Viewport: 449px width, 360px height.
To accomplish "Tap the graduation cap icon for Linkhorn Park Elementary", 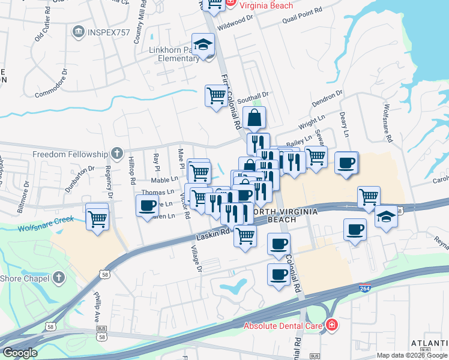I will point(204,46).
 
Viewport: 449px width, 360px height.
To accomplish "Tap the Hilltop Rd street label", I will point(132,170).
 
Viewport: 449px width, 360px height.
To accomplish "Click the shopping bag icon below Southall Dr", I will point(254,118).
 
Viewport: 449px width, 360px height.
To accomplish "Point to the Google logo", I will point(20,353).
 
